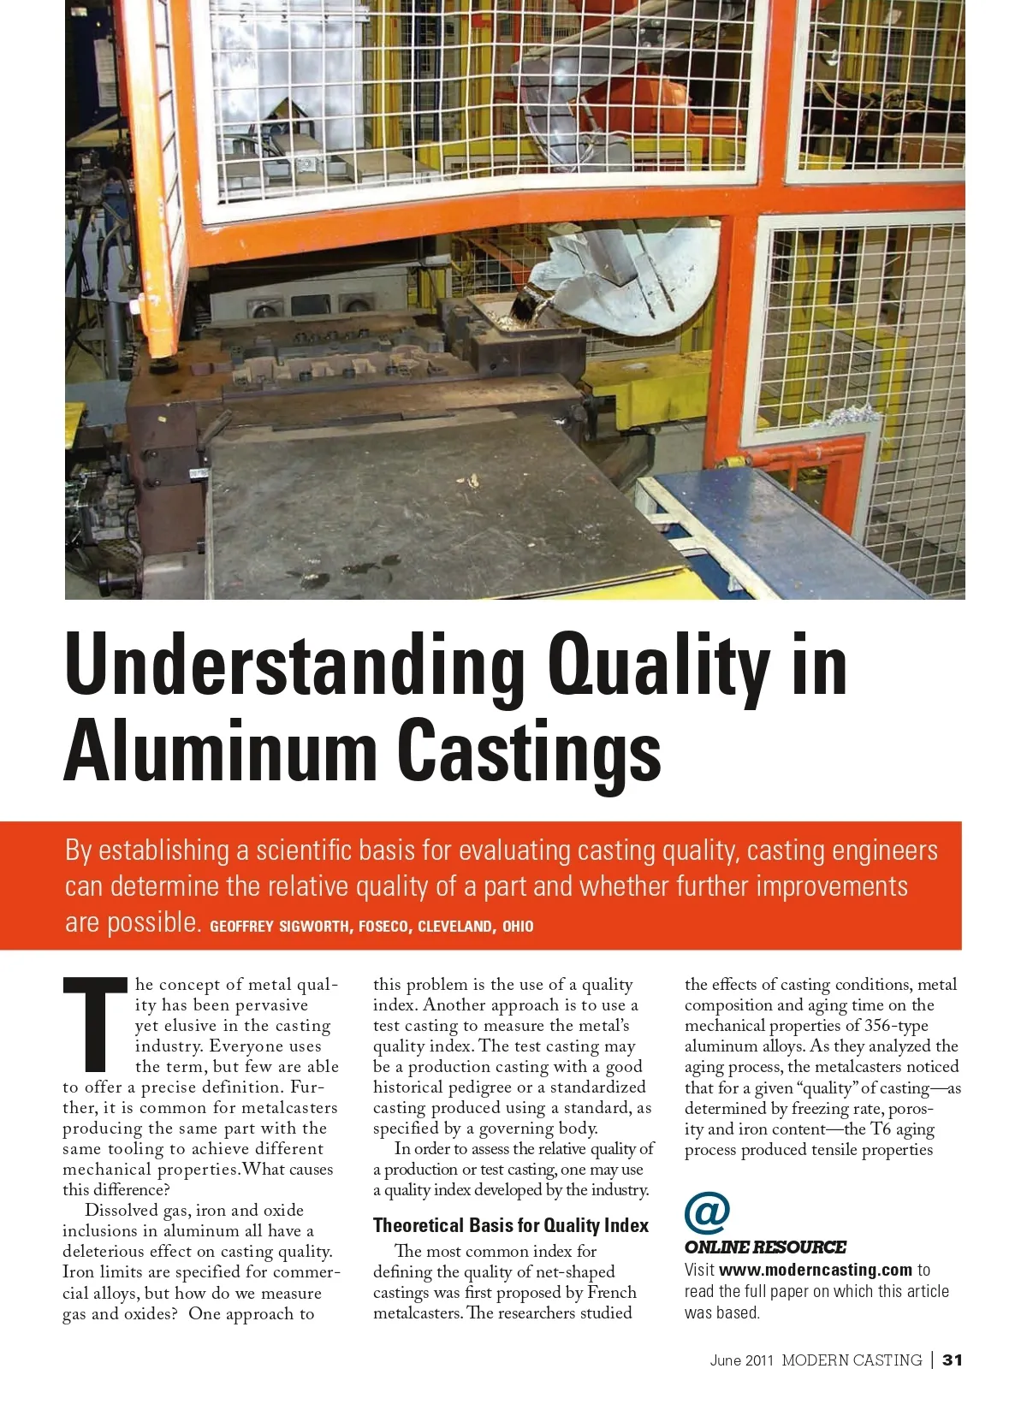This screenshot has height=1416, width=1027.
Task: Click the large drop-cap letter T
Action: point(95,1024)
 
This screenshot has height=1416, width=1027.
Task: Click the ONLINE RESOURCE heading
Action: point(765,1247)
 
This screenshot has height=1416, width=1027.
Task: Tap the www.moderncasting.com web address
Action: point(816,1270)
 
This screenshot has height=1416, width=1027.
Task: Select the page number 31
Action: point(953,1360)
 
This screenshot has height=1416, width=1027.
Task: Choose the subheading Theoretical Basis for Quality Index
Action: point(511,1225)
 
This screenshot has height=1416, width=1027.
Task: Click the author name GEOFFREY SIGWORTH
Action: point(279,927)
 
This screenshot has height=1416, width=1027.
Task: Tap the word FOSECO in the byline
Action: point(383,927)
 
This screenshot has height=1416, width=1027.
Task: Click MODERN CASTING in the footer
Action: point(852,1360)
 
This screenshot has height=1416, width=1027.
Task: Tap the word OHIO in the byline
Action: point(518,927)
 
